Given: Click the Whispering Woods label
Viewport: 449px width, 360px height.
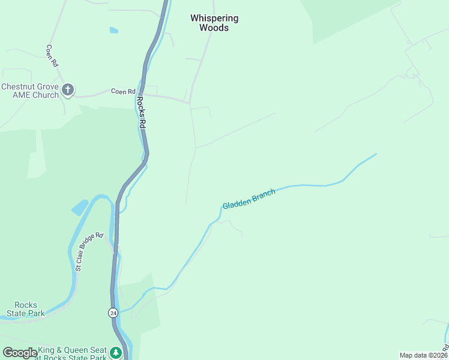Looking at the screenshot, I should click(x=214, y=23).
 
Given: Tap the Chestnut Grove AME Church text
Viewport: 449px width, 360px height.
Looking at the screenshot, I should click(x=30, y=91).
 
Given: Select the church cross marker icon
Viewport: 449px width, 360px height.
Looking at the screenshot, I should click(x=68, y=91).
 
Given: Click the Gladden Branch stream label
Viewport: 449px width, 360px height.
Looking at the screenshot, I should click(x=249, y=199).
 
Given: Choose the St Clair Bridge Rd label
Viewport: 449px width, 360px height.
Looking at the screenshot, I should click(x=89, y=251).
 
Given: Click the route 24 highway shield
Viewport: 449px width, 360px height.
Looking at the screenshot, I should click(x=113, y=313).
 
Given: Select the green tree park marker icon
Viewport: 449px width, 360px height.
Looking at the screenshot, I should click(x=116, y=352).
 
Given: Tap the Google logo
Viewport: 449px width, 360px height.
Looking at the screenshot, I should click(x=19, y=353).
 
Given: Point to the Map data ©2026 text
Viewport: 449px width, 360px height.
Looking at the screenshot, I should click(x=423, y=355).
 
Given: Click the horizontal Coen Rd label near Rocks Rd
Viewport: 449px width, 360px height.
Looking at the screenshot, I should click(x=123, y=92).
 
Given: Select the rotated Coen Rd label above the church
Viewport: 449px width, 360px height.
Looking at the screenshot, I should click(x=51, y=55).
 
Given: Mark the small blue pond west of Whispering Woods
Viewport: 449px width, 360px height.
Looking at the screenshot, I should click(x=113, y=30).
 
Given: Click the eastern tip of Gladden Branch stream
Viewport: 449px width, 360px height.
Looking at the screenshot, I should click(x=376, y=154).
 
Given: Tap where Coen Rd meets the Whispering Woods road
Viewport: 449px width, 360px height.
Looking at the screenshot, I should click(x=190, y=103).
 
